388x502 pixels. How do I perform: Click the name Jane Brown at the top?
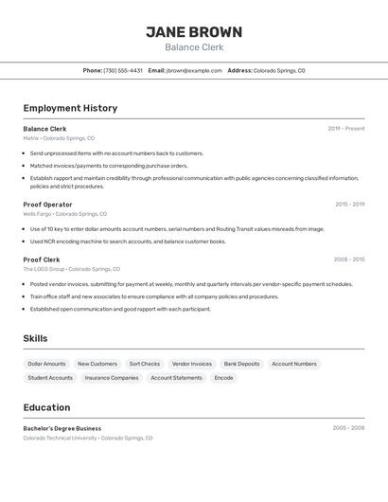(x=194, y=32)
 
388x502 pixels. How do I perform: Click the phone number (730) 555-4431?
(x=123, y=70)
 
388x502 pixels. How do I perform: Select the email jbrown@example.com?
(x=194, y=70)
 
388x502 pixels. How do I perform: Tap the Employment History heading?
(x=70, y=108)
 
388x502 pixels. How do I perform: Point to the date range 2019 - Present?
(x=345, y=129)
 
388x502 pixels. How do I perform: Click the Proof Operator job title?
(x=47, y=205)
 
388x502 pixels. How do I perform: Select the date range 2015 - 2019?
(x=349, y=205)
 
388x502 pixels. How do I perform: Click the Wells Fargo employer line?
(x=64, y=214)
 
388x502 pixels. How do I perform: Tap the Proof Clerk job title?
(x=41, y=260)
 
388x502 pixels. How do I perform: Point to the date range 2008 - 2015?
(x=348, y=260)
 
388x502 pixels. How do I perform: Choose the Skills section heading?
(x=35, y=338)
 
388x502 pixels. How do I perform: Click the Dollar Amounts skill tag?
(x=46, y=364)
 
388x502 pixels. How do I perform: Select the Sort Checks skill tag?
(x=145, y=364)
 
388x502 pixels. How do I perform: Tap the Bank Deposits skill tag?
(x=241, y=364)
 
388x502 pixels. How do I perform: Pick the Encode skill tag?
(x=223, y=378)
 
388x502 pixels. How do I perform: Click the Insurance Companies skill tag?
(x=112, y=378)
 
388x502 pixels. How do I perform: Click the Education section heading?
(x=46, y=407)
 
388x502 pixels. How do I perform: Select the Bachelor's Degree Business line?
(x=62, y=428)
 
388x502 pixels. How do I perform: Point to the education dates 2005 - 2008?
(x=348, y=428)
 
